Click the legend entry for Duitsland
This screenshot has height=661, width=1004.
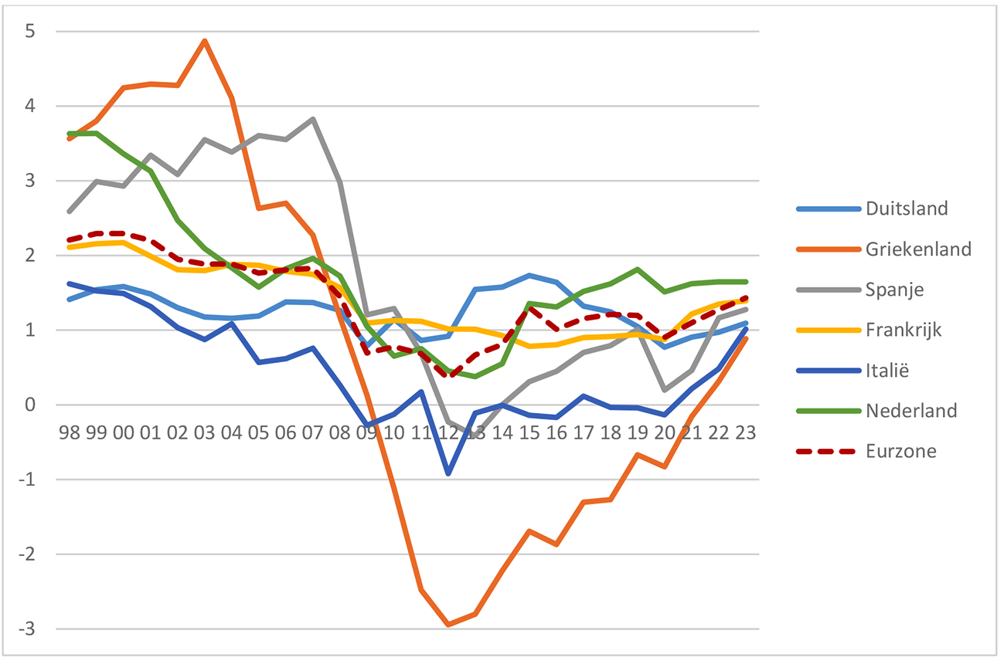907,208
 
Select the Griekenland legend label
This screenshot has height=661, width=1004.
918,249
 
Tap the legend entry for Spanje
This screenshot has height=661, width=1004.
894,289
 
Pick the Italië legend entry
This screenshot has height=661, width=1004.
888,370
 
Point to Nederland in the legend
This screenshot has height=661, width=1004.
911,410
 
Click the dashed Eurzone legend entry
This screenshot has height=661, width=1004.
900,451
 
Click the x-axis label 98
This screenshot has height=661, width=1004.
69,431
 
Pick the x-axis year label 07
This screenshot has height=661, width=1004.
313,431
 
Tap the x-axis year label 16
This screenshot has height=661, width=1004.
556,431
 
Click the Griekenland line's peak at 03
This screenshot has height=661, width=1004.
204,40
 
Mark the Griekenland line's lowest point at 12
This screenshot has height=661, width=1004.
448,625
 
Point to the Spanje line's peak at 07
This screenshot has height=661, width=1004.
313,119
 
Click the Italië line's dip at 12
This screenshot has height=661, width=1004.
448,473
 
